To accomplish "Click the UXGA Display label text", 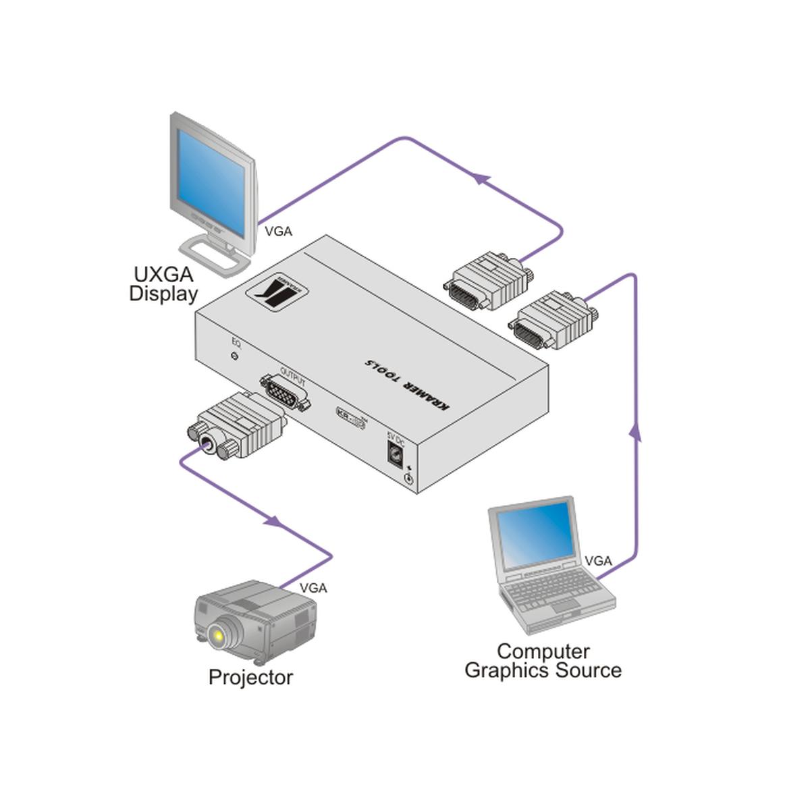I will click(163, 284).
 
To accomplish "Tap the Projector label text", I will click(250, 677).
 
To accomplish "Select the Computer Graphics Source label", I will click(543, 661).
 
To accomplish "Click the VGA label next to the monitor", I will click(278, 232).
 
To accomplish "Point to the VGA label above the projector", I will click(313, 588).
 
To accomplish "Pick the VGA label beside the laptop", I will click(598, 561).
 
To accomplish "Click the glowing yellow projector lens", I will click(217, 634).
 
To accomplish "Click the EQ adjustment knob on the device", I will click(234, 356).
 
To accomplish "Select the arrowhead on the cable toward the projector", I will click(273, 521).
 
